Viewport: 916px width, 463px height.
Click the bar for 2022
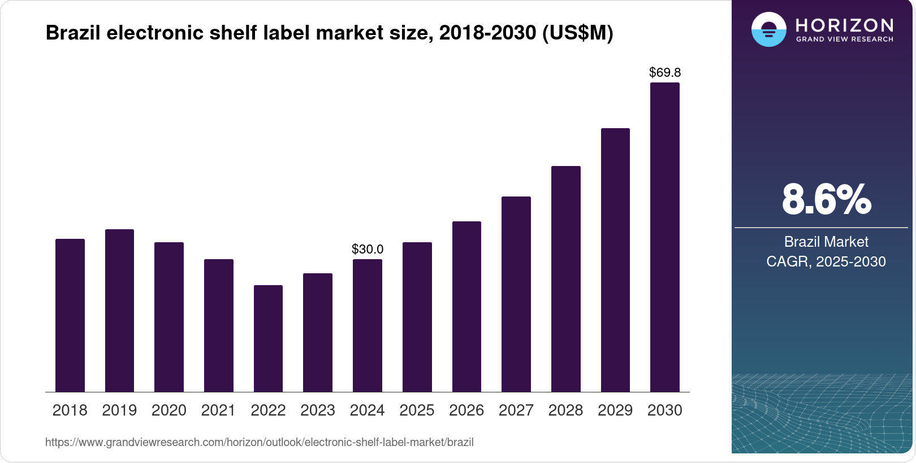268,338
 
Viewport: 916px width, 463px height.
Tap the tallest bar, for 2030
665,237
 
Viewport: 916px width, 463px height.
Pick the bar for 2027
516,294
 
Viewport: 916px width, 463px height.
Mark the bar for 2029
615,260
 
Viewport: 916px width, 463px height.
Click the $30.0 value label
368,249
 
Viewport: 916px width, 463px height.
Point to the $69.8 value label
665,72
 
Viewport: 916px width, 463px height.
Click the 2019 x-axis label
119,410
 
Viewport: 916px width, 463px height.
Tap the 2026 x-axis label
466,410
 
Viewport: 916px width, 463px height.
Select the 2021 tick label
218,410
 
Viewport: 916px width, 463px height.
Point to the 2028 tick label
565,410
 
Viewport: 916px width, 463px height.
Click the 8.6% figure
826,199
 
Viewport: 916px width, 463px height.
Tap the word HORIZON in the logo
844,25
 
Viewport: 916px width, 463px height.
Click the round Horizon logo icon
768,29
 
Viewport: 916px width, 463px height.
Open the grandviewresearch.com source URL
259,442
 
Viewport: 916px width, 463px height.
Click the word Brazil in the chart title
74,33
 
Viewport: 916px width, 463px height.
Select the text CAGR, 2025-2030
826,261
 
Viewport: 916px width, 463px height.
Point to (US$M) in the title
577,33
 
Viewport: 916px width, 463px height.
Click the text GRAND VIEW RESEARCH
844,40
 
